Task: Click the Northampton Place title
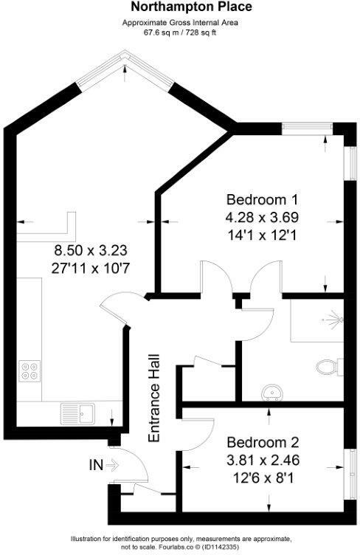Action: [x=191, y=7]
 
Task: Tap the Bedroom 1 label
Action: [x=262, y=199]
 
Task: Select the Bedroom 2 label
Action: [x=263, y=442]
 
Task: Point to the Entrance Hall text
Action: [x=154, y=399]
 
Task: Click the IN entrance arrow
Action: [x=112, y=465]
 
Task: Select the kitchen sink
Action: [x=77, y=413]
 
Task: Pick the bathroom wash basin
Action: [x=272, y=393]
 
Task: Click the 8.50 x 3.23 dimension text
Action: [x=91, y=251]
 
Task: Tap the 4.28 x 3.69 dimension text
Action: [x=262, y=217]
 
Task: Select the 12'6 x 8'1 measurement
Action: [x=263, y=478]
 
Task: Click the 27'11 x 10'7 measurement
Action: [x=91, y=269]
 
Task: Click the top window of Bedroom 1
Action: [x=307, y=128]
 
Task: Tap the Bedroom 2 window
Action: [x=350, y=475]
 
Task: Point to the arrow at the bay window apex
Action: [x=124, y=73]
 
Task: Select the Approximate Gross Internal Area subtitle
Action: [x=180, y=23]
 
